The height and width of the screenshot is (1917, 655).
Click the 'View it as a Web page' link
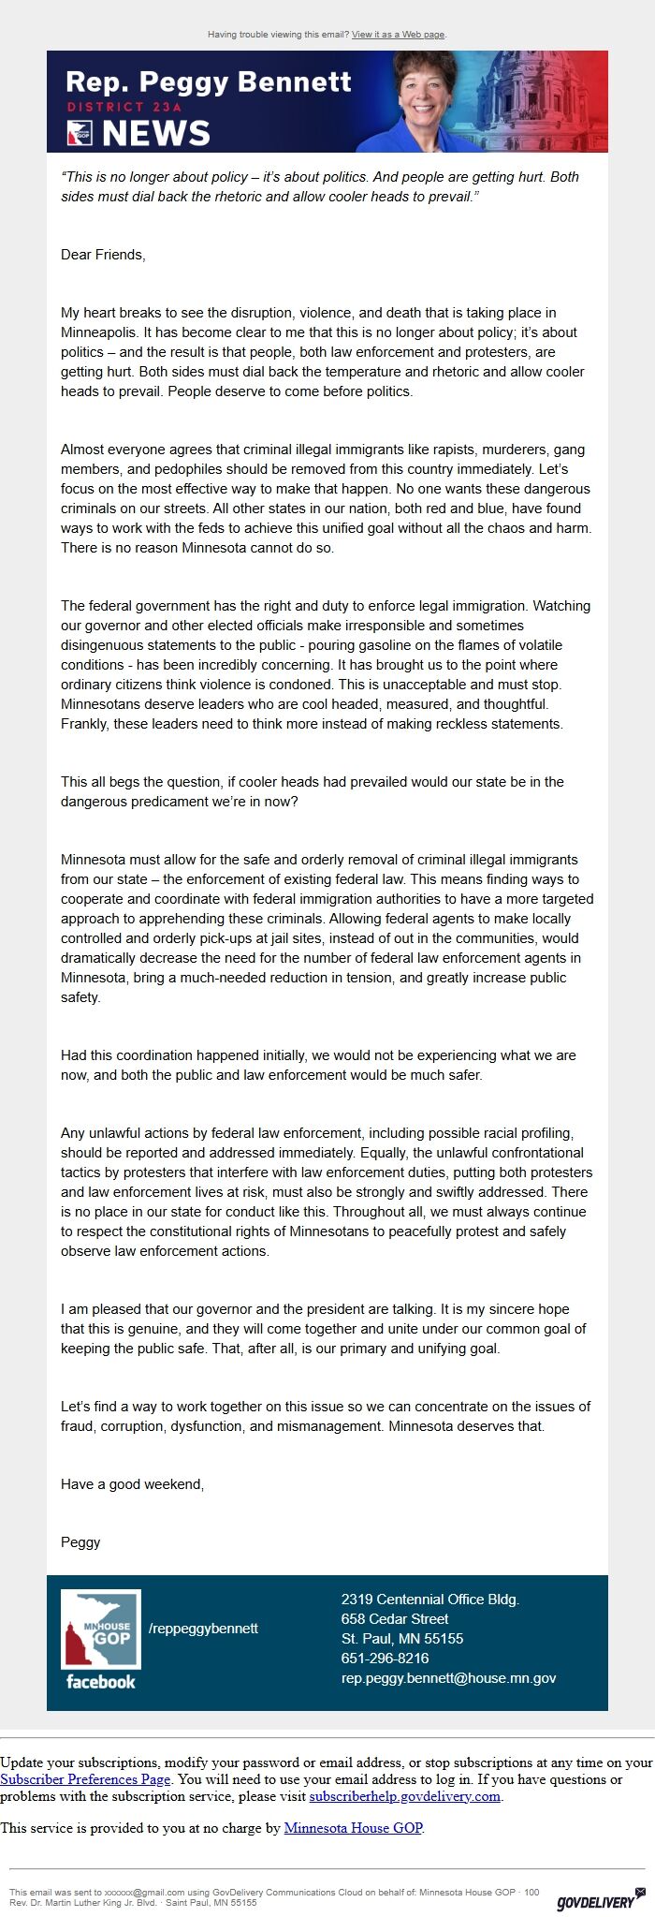(x=398, y=35)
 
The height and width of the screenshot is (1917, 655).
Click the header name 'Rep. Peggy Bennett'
(x=208, y=82)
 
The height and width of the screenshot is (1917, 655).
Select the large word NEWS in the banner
(x=155, y=134)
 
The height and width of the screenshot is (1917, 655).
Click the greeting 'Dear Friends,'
(x=103, y=255)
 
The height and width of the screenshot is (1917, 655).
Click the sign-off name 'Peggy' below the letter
(x=80, y=1542)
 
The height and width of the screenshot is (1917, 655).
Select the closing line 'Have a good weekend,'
(x=132, y=1484)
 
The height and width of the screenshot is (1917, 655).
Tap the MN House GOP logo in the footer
(x=101, y=1629)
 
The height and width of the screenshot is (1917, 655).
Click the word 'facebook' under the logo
(x=101, y=1682)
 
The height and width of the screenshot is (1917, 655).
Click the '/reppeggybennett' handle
(x=203, y=1629)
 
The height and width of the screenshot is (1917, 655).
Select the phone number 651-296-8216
(x=385, y=1659)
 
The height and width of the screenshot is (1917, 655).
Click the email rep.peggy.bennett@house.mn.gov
(x=448, y=1678)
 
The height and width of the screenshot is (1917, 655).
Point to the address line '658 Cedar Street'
(x=394, y=1619)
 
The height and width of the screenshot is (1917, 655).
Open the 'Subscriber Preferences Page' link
(x=85, y=1779)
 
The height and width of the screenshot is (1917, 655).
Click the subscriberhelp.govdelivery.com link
(x=404, y=1796)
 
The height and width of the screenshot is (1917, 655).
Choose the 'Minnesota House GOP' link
(x=353, y=1828)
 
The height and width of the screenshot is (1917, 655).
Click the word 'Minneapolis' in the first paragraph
(x=100, y=332)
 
